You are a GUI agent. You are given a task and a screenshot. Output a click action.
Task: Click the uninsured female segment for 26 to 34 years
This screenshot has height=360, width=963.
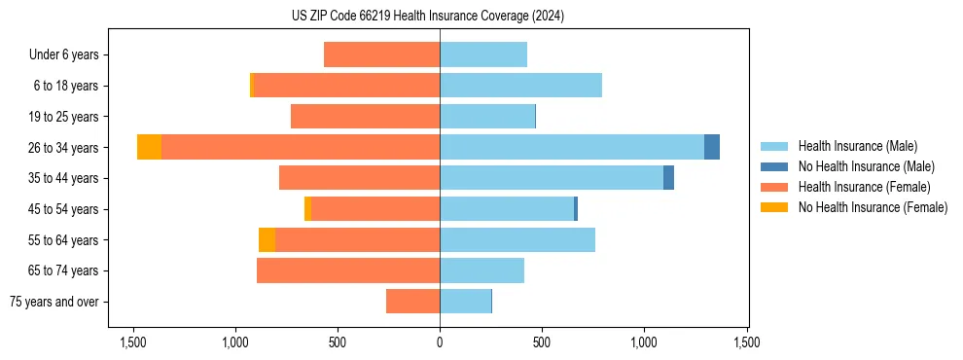tap(149, 147)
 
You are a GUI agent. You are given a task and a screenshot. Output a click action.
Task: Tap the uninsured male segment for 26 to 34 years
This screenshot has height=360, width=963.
tap(712, 147)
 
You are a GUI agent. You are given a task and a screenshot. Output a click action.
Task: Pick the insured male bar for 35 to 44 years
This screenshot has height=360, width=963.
tap(552, 178)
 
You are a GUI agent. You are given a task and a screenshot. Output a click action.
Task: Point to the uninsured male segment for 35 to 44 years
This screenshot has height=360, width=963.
tap(668, 178)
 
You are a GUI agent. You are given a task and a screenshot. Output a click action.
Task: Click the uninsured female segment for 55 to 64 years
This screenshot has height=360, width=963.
tap(267, 239)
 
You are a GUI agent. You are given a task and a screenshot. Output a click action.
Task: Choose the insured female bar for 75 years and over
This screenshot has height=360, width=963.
tap(412, 302)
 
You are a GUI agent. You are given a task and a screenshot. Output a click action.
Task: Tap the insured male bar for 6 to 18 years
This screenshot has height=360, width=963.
tap(520, 86)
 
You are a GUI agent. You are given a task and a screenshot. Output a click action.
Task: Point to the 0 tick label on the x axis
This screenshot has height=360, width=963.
tap(440, 342)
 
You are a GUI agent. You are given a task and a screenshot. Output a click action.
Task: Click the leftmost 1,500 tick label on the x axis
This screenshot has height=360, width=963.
tap(132, 342)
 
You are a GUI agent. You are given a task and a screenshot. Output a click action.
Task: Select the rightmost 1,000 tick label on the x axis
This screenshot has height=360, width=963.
tap(644, 342)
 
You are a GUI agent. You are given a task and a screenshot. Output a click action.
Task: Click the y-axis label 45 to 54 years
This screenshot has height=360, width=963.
tap(64, 209)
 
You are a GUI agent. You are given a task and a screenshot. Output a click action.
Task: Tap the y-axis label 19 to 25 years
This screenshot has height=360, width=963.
tap(64, 117)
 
